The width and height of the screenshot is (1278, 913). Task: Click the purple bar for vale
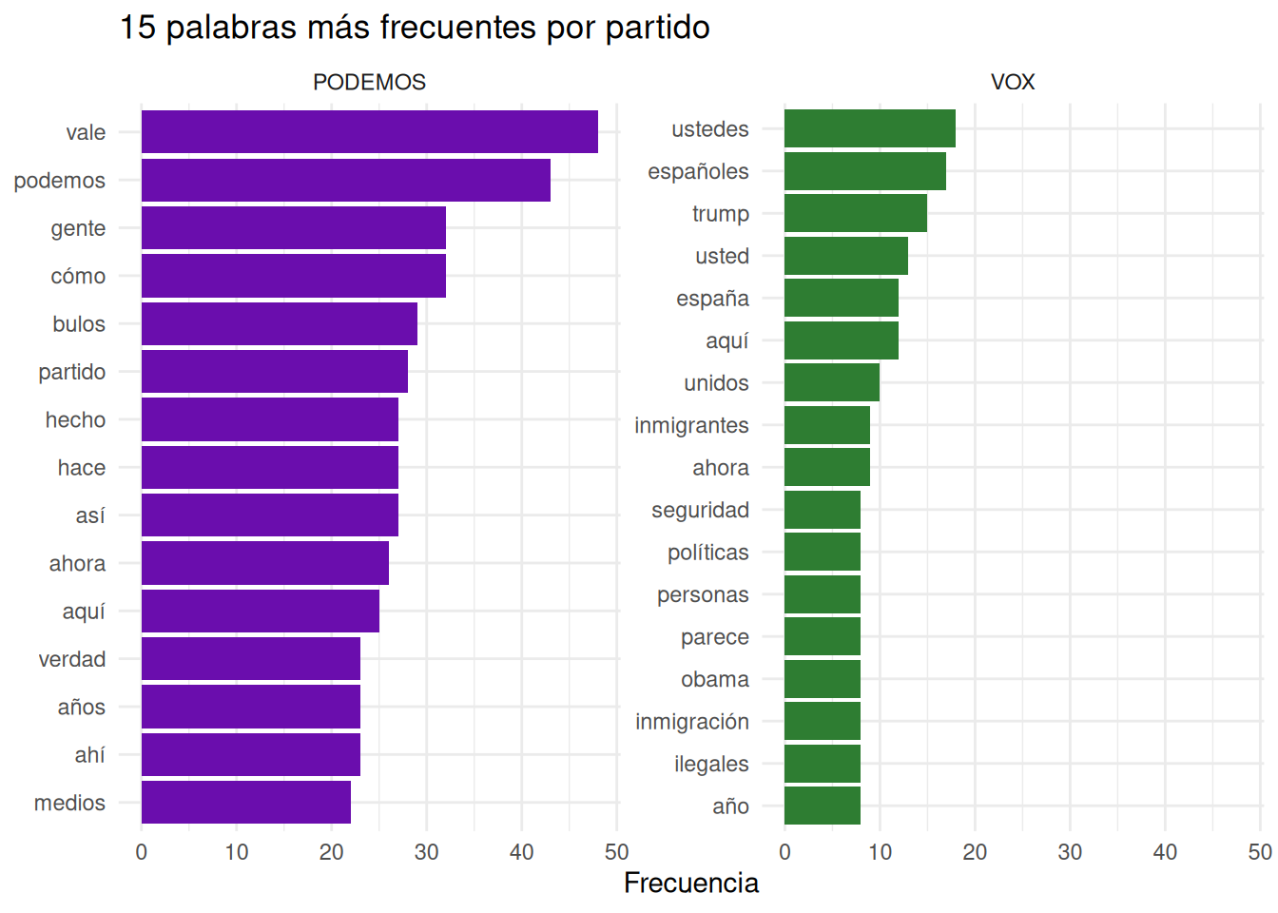369,132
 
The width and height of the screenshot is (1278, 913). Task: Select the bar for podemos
345,180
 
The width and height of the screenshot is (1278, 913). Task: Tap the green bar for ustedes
869,128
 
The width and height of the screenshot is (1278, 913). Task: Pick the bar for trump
855,213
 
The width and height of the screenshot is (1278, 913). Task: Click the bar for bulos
279,323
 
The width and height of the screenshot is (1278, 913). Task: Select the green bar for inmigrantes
826,425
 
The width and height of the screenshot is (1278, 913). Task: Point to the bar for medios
245,802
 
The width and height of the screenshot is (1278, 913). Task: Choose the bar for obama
822,679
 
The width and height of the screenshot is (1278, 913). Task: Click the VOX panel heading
1012,82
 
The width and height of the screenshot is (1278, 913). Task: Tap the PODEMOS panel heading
369,82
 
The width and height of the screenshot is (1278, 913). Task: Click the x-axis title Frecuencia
690,884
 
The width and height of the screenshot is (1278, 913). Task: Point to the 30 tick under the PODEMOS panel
426,852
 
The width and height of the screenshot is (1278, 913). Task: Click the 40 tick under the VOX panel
1165,852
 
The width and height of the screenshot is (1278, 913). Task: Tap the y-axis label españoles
698,171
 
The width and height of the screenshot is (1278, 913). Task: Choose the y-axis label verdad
72,659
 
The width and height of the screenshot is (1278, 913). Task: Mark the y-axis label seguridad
700,510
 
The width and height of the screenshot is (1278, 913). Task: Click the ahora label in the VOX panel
720,468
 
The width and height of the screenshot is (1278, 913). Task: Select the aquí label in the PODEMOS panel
84,612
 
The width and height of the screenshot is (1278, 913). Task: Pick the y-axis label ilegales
711,764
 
